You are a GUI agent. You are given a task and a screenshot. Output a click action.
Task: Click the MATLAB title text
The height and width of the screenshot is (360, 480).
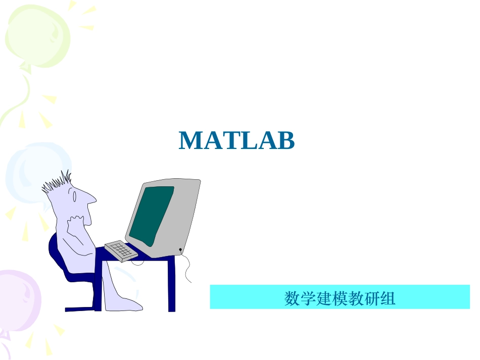236,141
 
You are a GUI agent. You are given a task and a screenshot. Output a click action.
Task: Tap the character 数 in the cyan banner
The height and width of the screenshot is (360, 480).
291,298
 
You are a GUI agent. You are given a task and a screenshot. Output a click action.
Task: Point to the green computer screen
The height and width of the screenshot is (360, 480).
152,212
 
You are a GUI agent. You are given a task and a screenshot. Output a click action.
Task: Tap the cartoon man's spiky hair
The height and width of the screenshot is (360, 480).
57,183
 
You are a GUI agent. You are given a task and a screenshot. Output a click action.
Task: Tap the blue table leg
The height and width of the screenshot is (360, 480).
172,285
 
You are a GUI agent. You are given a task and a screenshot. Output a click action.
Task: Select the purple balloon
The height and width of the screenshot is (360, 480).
18,298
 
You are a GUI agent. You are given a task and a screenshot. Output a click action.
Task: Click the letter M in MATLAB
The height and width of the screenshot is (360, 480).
190,141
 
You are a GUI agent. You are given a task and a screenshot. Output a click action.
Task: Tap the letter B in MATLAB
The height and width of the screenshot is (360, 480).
285,141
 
